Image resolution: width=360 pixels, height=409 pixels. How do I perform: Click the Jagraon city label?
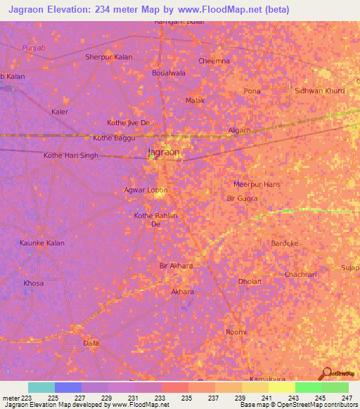163,152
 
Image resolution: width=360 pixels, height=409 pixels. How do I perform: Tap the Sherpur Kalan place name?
108,57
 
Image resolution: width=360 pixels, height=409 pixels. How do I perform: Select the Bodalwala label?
168,72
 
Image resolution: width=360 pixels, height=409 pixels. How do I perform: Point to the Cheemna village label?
214,61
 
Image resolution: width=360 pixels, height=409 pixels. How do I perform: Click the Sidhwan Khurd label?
320,91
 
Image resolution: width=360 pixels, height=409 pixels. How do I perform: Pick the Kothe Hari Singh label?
71,155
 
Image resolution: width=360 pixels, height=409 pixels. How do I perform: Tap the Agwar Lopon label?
146,190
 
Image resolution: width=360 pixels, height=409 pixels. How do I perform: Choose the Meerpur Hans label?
257,184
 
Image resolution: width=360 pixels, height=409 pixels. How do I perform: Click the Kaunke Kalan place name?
41,243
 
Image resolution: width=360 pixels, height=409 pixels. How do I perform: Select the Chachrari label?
301,274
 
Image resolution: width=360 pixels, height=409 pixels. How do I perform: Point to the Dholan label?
249,282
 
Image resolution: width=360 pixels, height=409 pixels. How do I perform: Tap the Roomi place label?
236,332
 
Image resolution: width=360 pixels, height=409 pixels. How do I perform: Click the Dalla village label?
91,343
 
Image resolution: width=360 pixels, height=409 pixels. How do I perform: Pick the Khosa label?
33,283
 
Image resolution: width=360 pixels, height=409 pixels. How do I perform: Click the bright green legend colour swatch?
308,387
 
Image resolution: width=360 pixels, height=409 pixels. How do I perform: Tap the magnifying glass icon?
325,374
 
